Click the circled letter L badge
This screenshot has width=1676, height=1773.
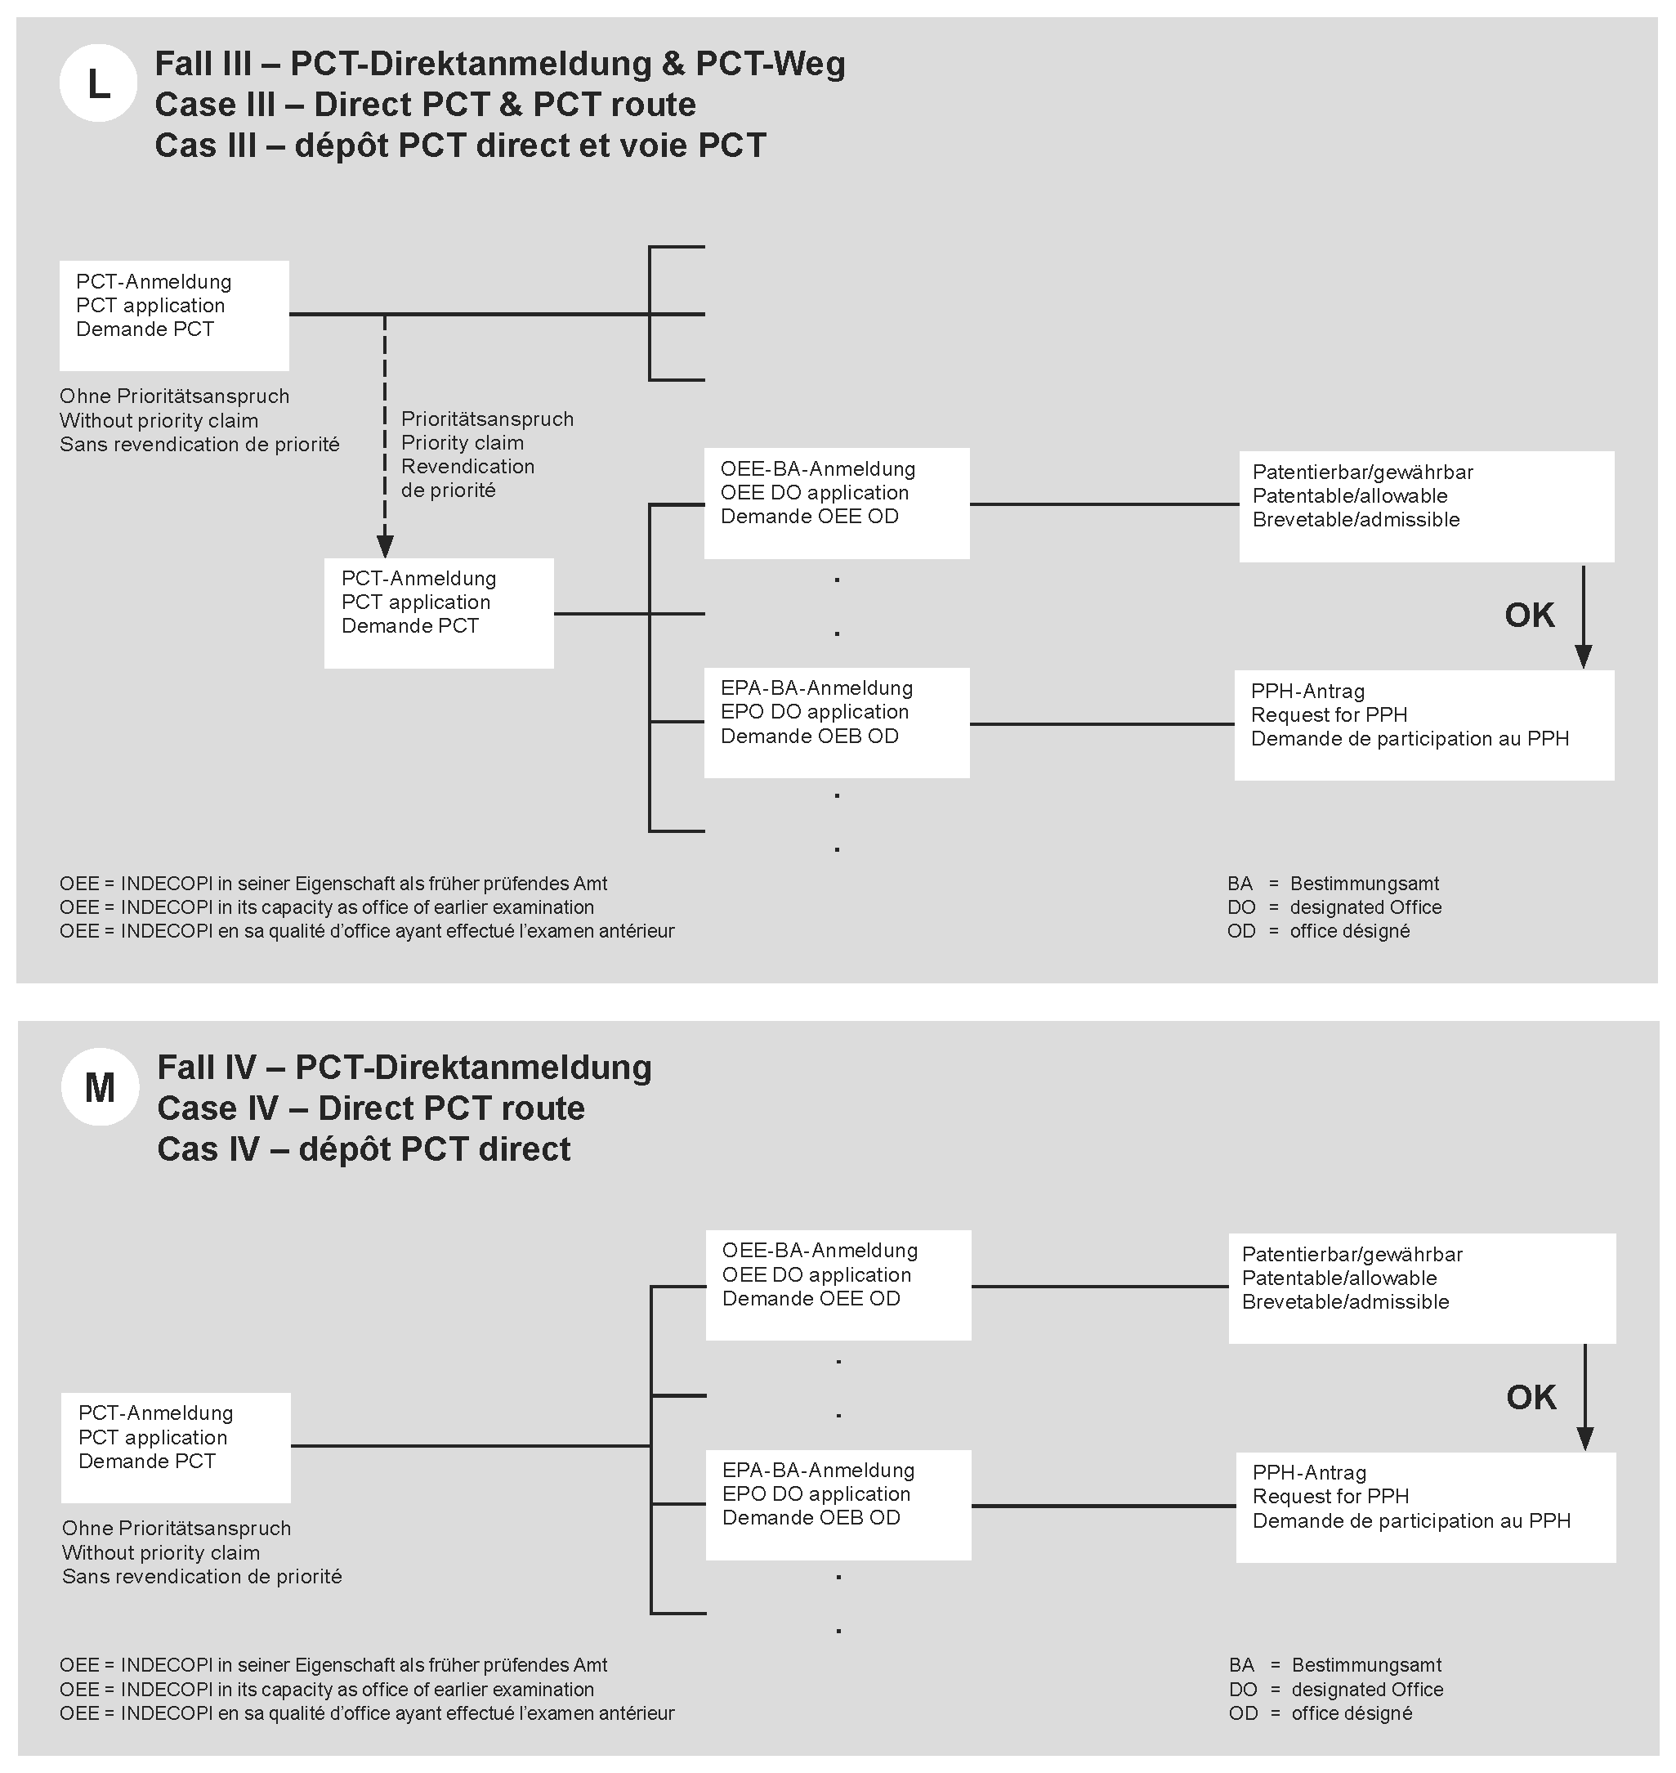[98, 83]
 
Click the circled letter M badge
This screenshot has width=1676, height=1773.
[100, 1086]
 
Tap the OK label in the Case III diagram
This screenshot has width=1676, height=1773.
[1530, 615]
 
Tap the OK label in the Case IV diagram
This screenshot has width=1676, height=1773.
[1531, 1397]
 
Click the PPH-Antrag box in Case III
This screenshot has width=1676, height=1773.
[1424, 725]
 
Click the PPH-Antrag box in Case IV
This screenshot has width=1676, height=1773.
[1426, 1507]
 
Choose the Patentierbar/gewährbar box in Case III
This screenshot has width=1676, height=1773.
[1426, 506]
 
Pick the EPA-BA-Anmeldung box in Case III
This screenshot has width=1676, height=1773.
[836, 722]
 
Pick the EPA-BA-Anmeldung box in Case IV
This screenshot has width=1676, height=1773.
[838, 1504]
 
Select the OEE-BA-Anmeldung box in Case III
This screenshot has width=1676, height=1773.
[836, 503]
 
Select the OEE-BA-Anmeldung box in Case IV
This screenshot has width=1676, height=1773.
[838, 1285]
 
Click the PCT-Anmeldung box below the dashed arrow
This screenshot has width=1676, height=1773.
[439, 613]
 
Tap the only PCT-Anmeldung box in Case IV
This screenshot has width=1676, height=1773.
[176, 1448]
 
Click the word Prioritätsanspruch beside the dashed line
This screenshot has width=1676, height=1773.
[487, 419]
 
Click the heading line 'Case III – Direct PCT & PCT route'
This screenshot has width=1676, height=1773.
[425, 105]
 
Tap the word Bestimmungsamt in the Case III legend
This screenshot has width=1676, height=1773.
[1364, 884]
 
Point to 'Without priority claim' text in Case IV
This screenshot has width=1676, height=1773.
[161, 1552]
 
